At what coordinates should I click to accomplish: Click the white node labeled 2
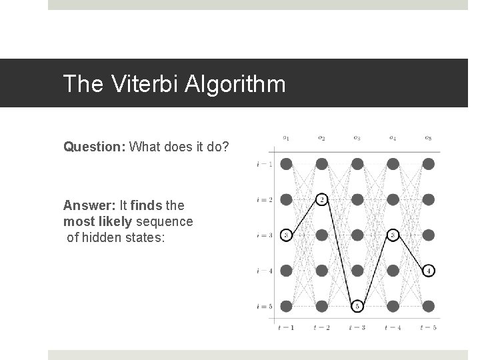322,199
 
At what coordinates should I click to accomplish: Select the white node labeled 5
357,306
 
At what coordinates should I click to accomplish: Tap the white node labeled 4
429,271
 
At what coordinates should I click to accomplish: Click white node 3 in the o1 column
286,235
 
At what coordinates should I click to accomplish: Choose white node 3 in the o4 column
393,235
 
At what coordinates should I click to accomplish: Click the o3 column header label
357,139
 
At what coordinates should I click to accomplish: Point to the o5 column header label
428,139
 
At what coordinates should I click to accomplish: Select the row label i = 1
265,164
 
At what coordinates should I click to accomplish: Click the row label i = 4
265,271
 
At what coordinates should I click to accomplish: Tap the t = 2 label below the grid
322,327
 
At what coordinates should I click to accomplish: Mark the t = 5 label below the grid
429,327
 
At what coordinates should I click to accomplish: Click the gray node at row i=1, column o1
286,164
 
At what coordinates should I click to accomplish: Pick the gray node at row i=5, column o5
429,306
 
